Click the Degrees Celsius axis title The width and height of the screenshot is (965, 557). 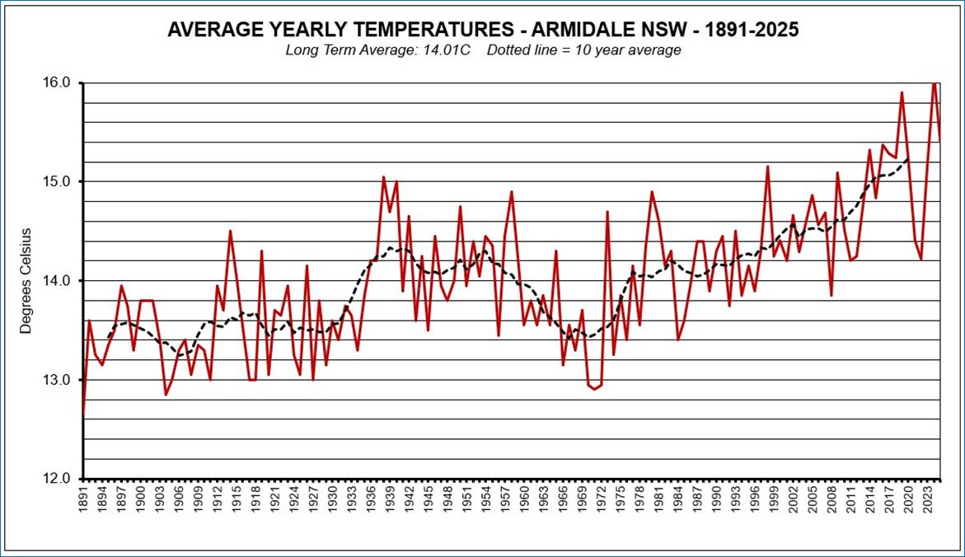(26, 281)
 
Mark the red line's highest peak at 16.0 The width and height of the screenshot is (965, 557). (934, 83)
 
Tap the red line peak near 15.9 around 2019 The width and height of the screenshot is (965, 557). (902, 92)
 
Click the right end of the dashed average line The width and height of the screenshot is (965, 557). (908, 158)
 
